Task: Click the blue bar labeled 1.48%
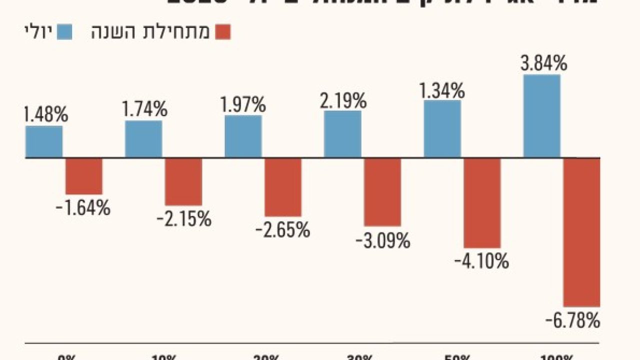click(44, 141)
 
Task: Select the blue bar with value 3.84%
click(541, 116)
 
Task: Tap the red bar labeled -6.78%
click(581, 232)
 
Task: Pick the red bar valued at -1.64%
click(84, 176)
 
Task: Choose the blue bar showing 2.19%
click(342, 134)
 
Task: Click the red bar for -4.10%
click(482, 202)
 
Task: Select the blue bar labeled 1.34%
click(442, 128)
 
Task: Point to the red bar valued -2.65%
click(283, 187)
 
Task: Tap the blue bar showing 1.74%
click(143, 139)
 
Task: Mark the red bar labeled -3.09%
click(382, 192)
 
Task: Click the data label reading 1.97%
click(243, 104)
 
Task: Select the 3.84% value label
click(544, 64)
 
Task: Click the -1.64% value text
click(84, 207)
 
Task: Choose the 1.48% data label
click(45, 115)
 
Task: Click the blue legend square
click(65, 32)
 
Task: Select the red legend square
click(223, 32)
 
